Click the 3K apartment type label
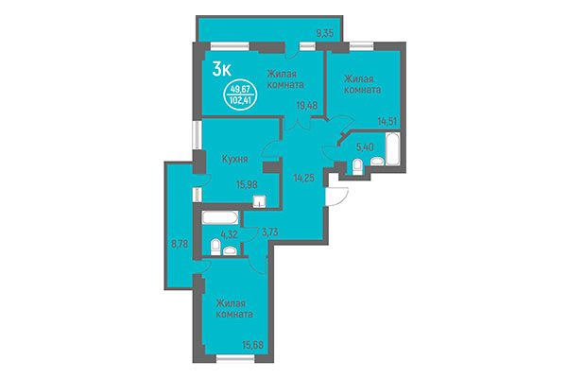coord(223,68)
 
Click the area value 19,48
coord(305,107)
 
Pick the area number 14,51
coord(387,121)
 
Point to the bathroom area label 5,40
coord(366,147)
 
